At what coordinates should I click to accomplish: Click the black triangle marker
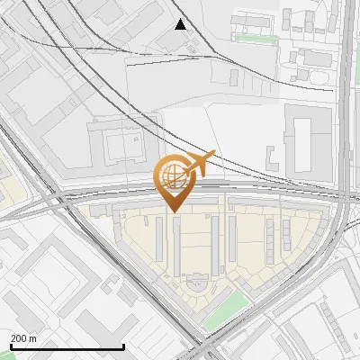tap(181, 24)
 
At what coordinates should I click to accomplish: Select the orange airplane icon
tap(200, 164)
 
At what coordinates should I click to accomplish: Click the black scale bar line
tap(67, 347)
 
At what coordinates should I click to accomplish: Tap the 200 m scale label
tap(24, 338)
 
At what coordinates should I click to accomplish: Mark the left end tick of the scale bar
tap(10, 346)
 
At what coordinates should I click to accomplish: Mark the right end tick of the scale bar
tap(123, 346)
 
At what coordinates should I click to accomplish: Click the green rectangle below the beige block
tap(222, 310)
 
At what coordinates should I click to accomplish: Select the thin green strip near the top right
tap(251, 39)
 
